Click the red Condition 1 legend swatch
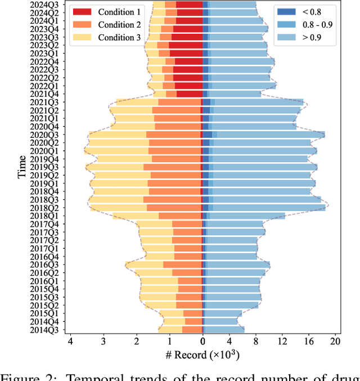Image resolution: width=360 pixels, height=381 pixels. pos(82,12)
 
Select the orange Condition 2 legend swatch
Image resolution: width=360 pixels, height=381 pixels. pos(82,25)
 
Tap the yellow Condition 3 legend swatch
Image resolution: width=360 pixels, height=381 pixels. pos(82,38)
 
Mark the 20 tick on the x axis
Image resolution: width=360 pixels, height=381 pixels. pos(335,340)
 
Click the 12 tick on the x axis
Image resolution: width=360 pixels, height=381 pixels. pos(282,340)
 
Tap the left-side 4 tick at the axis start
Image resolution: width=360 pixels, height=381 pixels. pos(70,340)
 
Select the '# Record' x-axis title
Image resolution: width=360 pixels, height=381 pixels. pos(203,355)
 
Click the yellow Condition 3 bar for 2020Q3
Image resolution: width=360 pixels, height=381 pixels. pos(118,135)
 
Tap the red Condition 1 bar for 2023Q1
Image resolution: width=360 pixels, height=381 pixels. pos(186,53)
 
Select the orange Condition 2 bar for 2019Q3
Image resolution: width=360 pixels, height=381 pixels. pos(172,167)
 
